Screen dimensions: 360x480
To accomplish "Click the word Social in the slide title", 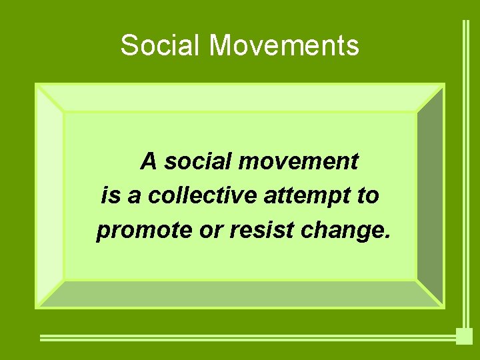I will point(161,46).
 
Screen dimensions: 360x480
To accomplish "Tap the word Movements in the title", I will point(284,46).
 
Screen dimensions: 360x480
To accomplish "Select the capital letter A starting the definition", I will point(149,161).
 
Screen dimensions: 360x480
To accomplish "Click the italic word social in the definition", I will point(193,161).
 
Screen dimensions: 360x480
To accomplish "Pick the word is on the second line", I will point(110,196).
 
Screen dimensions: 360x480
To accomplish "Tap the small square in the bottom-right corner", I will point(464,336).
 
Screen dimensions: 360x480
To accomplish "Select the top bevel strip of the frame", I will point(240,97).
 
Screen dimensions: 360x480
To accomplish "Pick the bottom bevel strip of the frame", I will point(240,294).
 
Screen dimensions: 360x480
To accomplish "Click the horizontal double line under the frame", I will point(247,337).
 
